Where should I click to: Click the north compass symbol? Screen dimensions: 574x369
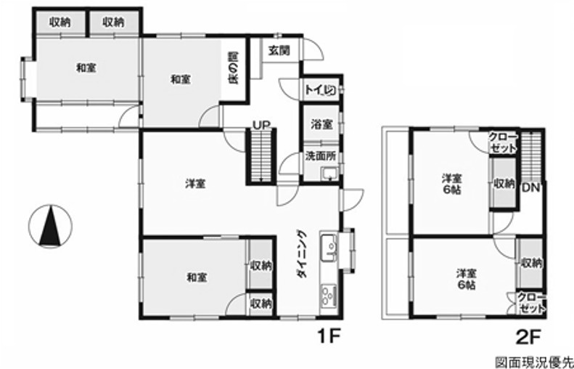[50, 226]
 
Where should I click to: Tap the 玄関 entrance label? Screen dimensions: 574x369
[279, 50]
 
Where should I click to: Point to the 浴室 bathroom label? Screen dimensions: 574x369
[322, 125]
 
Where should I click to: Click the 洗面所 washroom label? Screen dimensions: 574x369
[321, 156]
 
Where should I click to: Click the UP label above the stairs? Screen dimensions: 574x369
[261, 125]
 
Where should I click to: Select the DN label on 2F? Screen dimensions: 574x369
[530, 188]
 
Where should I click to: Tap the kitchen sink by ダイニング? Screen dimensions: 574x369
[329, 248]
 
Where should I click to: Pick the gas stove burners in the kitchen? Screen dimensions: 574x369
[329, 296]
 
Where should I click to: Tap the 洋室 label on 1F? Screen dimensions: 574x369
[194, 183]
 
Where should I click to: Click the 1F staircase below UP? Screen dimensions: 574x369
[261, 156]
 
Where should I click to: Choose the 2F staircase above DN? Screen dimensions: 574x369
[530, 155]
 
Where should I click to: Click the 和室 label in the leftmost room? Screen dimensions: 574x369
[86, 68]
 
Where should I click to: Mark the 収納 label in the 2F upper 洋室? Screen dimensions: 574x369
[504, 183]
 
